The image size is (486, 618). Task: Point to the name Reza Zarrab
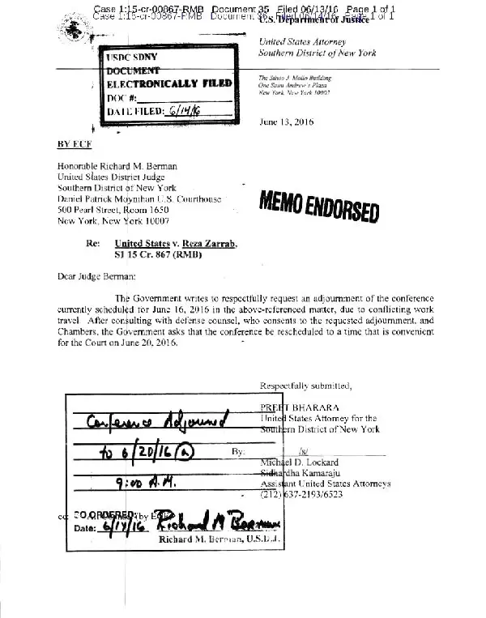pyautogui.click(x=208, y=243)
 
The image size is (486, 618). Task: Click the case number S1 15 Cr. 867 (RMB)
pyautogui.click(x=158, y=255)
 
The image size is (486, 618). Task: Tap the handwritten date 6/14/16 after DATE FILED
pyautogui.click(x=185, y=111)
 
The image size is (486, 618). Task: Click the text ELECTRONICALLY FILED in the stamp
pyautogui.click(x=170, y=83)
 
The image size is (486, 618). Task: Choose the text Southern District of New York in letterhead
pyautogui.click(x=317, y=53)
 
